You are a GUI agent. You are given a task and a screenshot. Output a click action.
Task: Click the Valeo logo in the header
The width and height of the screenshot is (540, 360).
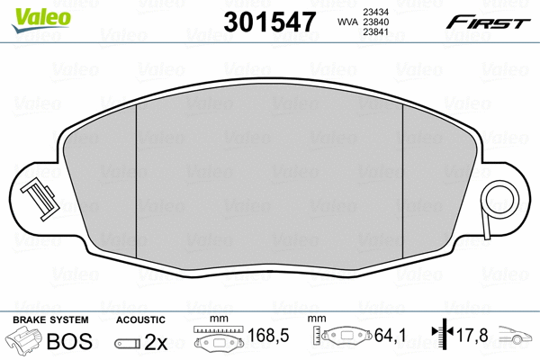tap(41, 20)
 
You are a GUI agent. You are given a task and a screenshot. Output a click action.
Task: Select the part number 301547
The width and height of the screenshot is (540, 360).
tap(270, 22)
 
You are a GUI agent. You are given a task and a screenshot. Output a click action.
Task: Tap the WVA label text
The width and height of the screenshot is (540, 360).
tap(347, 22)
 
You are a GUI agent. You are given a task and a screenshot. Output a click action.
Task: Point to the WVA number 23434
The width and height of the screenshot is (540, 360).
tap(376, 12)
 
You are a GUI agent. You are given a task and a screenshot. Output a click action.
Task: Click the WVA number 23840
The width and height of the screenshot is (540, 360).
tap(376, 22)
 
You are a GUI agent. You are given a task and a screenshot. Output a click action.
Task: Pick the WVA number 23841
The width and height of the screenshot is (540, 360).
tap(376, 32)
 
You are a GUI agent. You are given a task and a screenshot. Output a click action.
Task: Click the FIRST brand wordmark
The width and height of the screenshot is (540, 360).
tap(489, 22)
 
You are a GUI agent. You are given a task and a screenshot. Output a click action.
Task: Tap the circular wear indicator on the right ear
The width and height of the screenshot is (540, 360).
tap(502, 201)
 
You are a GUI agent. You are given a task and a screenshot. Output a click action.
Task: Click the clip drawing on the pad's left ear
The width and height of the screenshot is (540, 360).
tap(39, 201)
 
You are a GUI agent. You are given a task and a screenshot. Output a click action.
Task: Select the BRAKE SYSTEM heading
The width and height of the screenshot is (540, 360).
tap(50, 320)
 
